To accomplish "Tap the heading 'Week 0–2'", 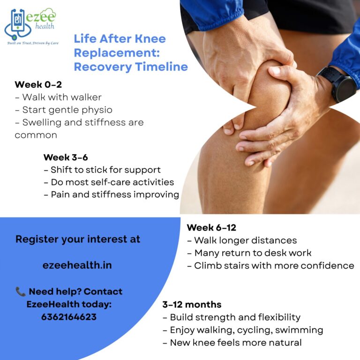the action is (38, 84).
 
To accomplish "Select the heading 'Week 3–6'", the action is (66, 157).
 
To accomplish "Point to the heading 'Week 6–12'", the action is (211, 227).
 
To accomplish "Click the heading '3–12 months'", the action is (192, 304).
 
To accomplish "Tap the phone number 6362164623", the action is (69, 317).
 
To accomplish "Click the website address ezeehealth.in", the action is (77, 265).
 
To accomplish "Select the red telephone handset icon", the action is (21, 292).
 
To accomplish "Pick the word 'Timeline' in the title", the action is (161, 67).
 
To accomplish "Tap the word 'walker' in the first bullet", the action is (86, 97).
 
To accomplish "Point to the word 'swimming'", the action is (299, 330).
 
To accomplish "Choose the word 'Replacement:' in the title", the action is (117, 53).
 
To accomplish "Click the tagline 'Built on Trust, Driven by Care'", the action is (33, 43).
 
